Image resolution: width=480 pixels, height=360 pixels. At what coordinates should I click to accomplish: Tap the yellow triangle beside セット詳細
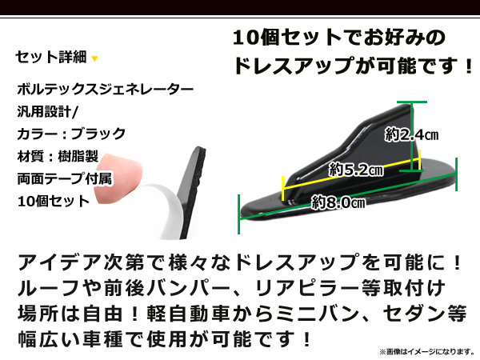95,58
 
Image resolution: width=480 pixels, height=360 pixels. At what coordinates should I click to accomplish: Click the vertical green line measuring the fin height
415,136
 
